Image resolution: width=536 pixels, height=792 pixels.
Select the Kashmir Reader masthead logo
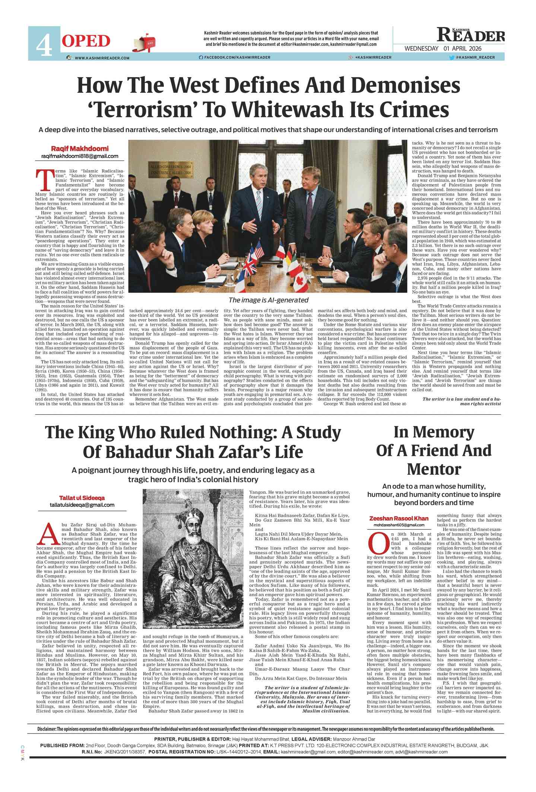(x=471, y=35)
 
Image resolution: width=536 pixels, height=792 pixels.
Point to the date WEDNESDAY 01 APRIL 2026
(x=443, y=49)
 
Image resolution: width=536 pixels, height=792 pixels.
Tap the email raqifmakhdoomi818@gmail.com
(x=80, y=156)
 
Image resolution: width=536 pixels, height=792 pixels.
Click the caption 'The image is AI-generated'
(x=268, y=300)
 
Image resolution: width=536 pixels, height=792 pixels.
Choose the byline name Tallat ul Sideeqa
(x=82, y=498)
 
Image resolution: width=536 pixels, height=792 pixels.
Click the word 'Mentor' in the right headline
(x=434, y=469)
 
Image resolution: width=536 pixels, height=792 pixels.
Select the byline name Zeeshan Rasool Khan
(x=399, y=518)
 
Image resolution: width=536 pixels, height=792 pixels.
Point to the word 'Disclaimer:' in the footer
(x=47, y=729)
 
